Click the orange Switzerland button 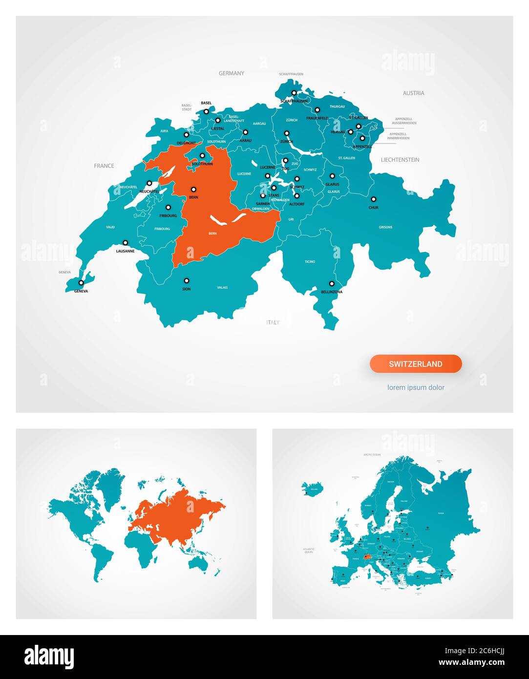pos(416,364)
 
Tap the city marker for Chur pos(373,199)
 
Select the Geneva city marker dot pos(81,283)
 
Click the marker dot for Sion pos(186,281)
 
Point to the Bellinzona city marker pos(332,283)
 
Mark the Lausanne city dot pos(125,243)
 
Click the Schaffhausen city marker pos(294,93)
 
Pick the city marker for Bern pos(193,189)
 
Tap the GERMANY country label pos(231,73)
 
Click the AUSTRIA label pos(413,93)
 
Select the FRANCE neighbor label pos(104,166)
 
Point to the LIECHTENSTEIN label pos(400,160)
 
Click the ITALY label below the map pos(273,322)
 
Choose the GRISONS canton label pos(385,227)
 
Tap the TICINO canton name pos(310,262)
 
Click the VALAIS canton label pos(222,288)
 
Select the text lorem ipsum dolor pos(416,387)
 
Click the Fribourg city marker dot pos(168,207)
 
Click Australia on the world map pos(201,562)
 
